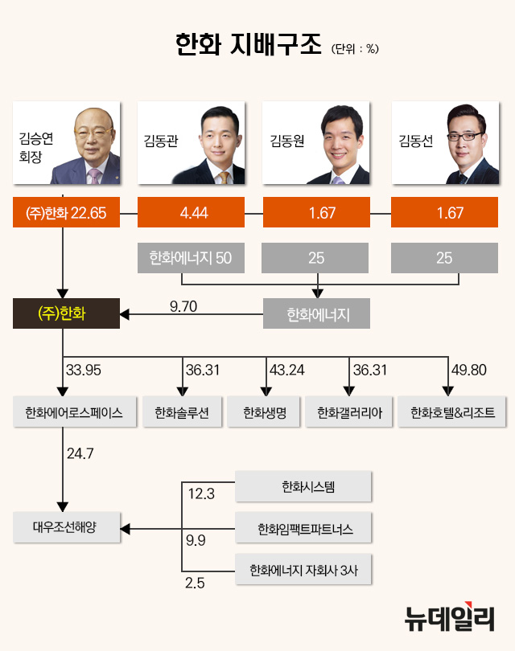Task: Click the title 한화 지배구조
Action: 247,44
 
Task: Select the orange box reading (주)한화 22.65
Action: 66,213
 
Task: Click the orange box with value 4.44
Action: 192,213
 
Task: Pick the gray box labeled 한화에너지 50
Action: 191,259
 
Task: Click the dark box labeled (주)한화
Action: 66,313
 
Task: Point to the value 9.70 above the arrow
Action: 184,305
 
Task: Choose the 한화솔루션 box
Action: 181,413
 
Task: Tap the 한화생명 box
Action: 263,413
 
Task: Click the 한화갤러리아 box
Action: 349,413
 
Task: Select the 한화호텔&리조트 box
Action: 447,413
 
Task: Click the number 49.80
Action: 471,371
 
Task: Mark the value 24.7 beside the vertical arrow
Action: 80,454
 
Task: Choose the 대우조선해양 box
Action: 67,529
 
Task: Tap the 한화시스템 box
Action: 303,487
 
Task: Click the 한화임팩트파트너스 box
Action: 303,529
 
